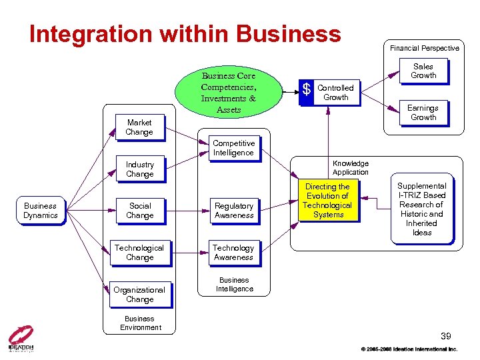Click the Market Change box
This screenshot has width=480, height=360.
tap(139, 127)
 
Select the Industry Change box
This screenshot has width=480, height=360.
tap(139, 169)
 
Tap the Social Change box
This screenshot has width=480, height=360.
tap(140, 211)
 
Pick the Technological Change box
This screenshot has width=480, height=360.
tap(139, 253)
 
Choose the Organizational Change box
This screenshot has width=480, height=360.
tap(139, 295)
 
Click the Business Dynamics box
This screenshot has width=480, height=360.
tap(40, 211)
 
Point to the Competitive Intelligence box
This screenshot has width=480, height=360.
tap(233, 148)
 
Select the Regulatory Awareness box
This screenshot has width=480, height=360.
tap(234, 211)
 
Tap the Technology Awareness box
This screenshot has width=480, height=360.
tap(233, 253)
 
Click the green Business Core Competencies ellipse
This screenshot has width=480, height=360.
tap(229, 92)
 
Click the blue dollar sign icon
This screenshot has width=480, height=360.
tap(306, 89)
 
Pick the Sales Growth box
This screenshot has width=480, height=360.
tap(423, 71)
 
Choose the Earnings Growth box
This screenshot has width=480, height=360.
tap(423, 113)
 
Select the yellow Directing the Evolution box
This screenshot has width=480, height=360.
tap(327, 201)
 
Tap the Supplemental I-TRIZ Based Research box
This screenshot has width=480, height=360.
tap(422, 209)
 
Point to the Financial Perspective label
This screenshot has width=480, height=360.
tap(425, 48)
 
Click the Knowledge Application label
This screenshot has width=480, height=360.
tap(351, 167)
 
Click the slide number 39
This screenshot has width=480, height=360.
tap(446, 335)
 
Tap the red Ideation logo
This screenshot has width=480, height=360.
tap(21, 337)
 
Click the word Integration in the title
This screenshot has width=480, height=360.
tap(87, 34)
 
